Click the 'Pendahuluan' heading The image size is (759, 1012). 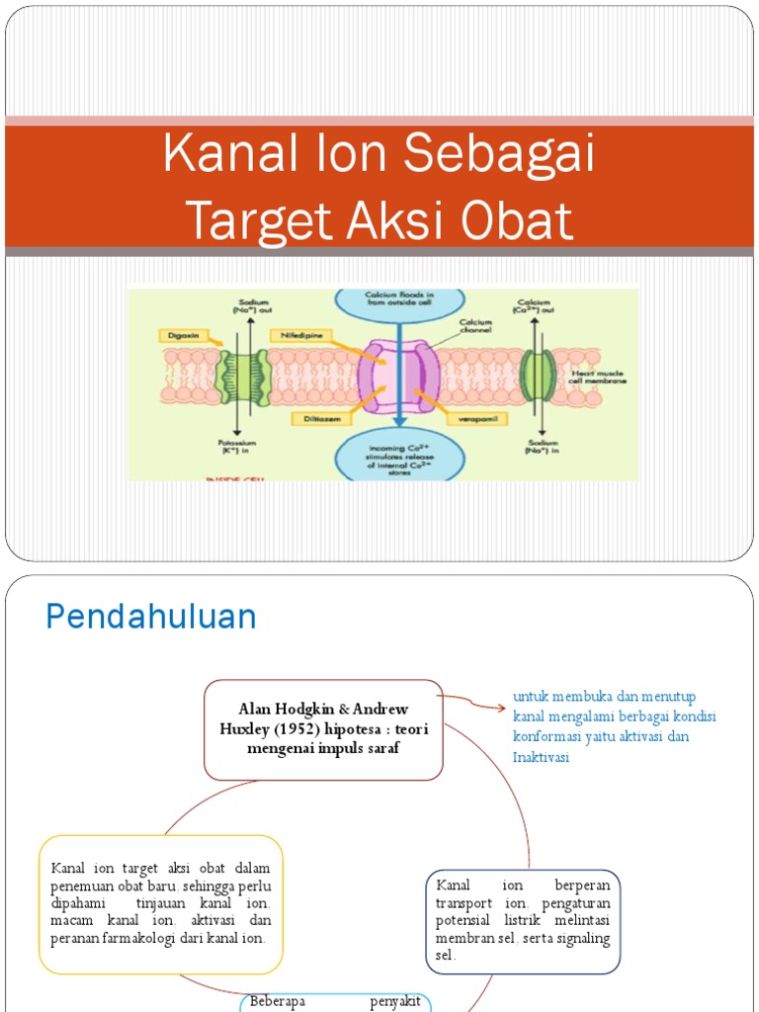(151, 617)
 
